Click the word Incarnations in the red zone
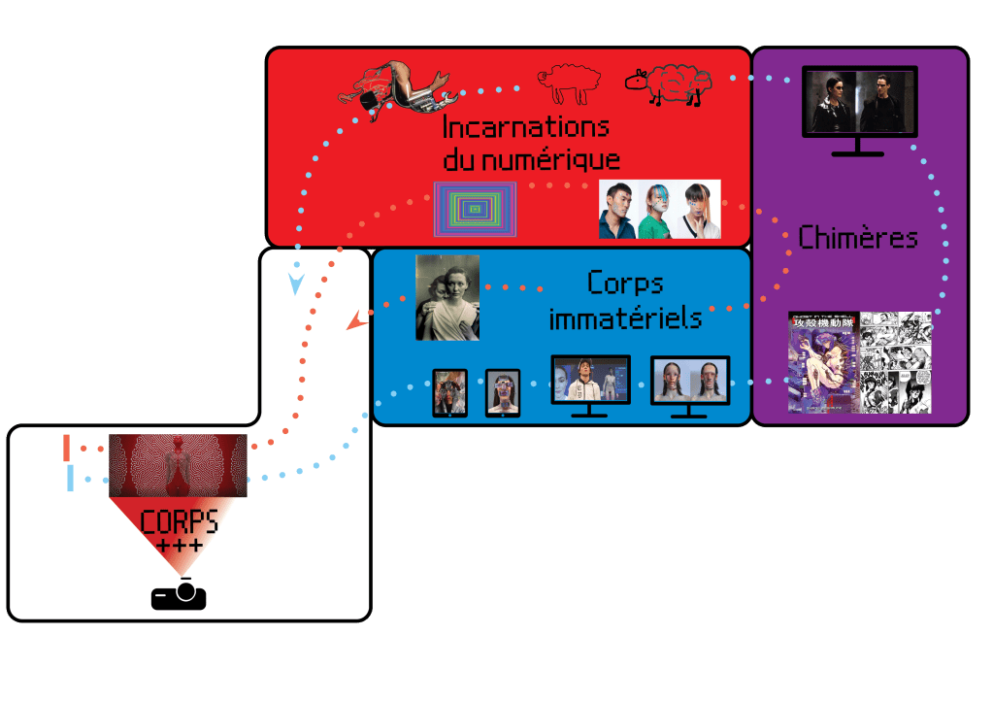[525, 127]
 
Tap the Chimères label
[858, 237]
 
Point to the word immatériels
[625, 318]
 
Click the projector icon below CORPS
[179, 594]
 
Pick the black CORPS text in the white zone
[179, 522]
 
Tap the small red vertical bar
[67, 448]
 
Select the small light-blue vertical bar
[70, 478]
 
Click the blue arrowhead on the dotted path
[296, 284]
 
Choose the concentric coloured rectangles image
[475, 209]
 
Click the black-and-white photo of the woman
[447, 297]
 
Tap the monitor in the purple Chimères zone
[859, 107]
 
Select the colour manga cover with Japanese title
[822, 362]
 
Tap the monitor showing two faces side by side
[689, 382]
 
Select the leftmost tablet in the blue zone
[449, 393]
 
